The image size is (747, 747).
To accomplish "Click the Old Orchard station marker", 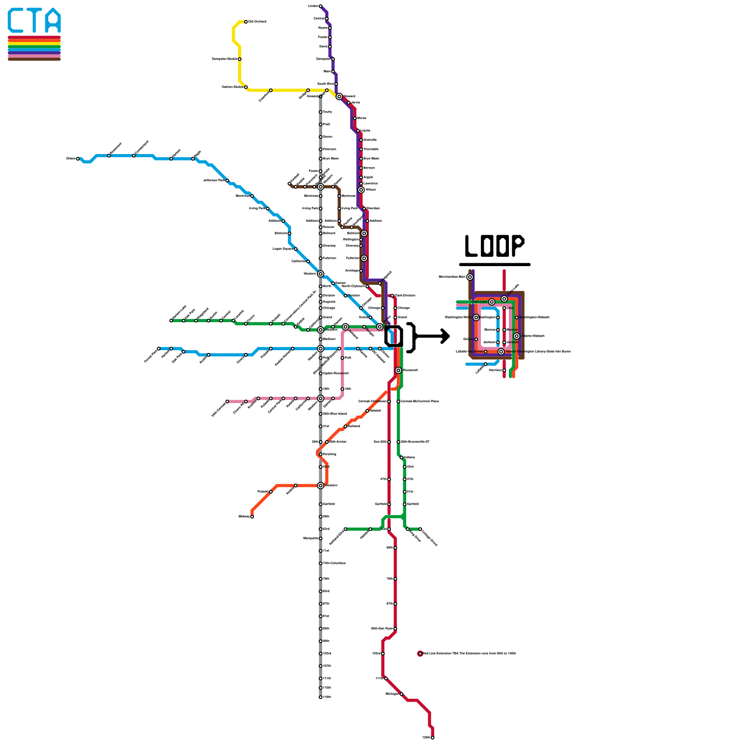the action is [x=246, y=21].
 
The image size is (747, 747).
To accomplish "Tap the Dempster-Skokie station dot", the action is [x=240, y=59].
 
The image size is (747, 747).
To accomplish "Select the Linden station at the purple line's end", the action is [x=320, y=6].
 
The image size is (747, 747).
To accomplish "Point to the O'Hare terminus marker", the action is [x=78, y=159].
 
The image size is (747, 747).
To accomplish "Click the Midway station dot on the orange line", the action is [x=252, y=516].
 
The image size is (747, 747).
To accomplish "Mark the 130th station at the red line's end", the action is [x=433, y=738].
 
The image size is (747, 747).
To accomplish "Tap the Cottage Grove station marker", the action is [x=420, y=529].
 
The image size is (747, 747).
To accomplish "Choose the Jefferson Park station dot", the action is [x=227, y=180].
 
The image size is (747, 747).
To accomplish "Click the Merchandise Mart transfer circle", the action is [x=470, y=277].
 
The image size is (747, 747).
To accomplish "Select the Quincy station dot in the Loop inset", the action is [x=476, y=339].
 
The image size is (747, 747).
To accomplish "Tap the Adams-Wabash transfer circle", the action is [x=516, y=336].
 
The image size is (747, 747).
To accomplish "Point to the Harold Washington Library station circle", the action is [x=501, y=352].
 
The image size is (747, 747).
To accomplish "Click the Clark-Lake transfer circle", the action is [x=492, y=302].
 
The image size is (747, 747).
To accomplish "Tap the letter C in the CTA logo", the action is [x=16, y=21].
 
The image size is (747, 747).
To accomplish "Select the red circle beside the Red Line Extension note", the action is [x=420, y=654].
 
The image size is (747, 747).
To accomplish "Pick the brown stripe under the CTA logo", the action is [x=34, y=59].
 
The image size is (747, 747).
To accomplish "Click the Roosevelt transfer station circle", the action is [x=398, y=370].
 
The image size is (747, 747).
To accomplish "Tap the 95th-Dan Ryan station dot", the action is [x=395, y=628].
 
